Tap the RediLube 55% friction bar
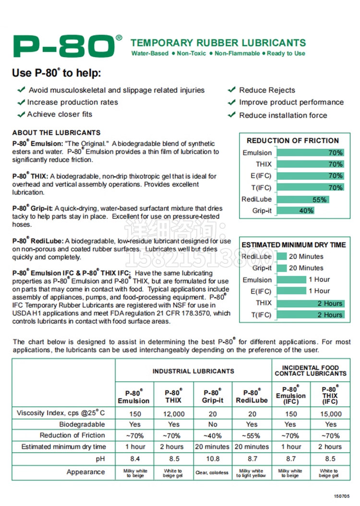[302, 200]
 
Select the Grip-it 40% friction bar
[295, 211]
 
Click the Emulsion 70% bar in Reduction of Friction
[310, 153]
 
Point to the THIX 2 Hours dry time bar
[310, 303]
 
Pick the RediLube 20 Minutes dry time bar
[282, 257]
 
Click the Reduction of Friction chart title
[293, 141]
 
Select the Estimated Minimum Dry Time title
[293, 245]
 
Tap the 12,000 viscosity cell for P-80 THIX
[174, 414]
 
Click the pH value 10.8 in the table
[213, 459]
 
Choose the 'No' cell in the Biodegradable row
[213, 424]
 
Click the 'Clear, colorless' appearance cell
[212, 472]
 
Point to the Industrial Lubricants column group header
[193, 371]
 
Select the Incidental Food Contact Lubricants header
[311, 370]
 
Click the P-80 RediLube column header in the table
[252, 396]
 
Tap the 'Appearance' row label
[85, 472]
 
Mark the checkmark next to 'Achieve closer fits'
[21, 114]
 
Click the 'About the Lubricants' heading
[57, 133]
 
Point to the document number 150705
[342, 496]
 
